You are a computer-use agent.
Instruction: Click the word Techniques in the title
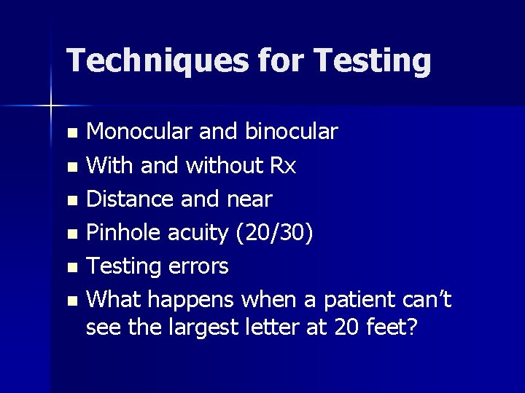click(157, 60)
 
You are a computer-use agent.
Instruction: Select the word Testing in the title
click(373, 62)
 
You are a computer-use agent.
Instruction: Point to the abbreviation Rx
click(283, 166)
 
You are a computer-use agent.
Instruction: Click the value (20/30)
click(273, 233)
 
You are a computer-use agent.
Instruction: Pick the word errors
click(198, 266)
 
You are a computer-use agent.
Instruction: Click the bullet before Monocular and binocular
click(71, 133)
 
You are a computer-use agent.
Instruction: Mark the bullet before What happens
click(71, 301)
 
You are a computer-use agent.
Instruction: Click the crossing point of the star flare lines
click(51, 106)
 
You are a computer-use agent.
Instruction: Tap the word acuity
click(198, 233)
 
